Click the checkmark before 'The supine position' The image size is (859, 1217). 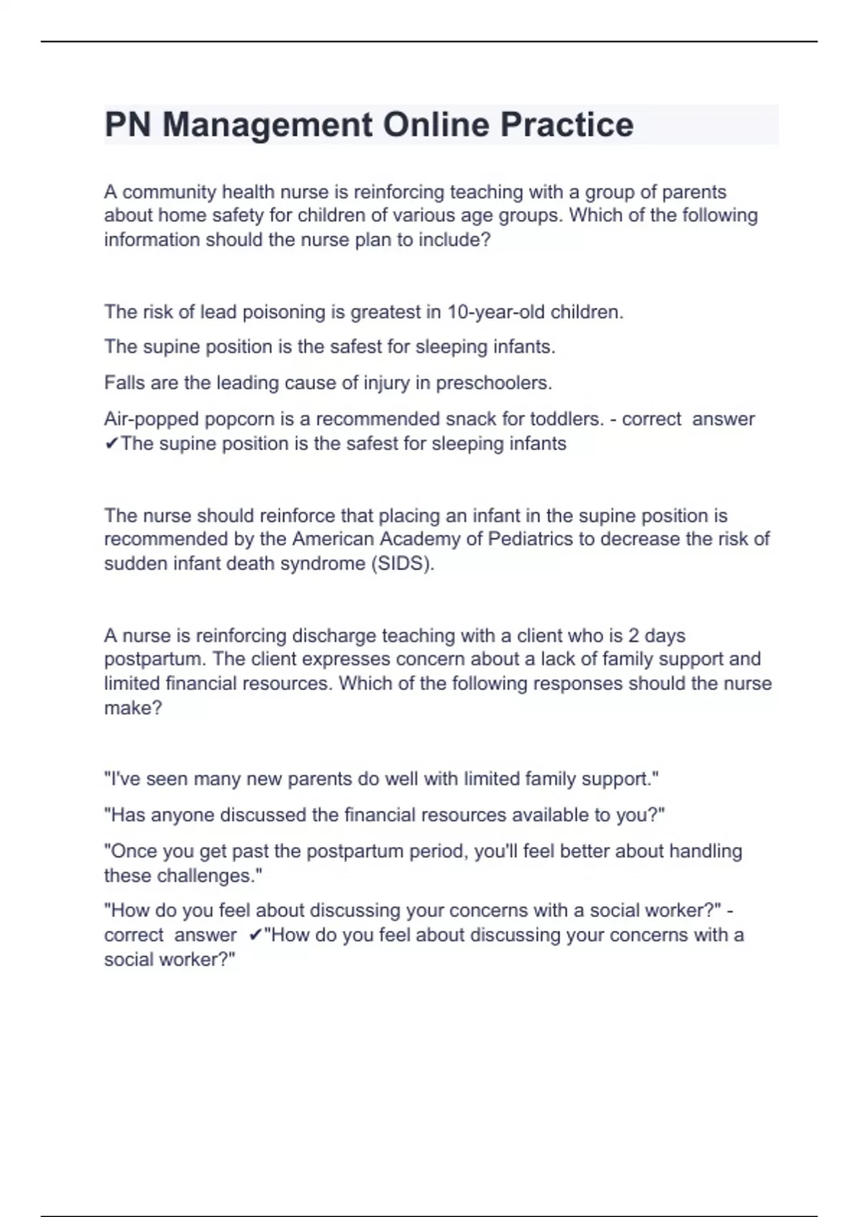point(111,445)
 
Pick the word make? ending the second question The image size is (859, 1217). point(133,708)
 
